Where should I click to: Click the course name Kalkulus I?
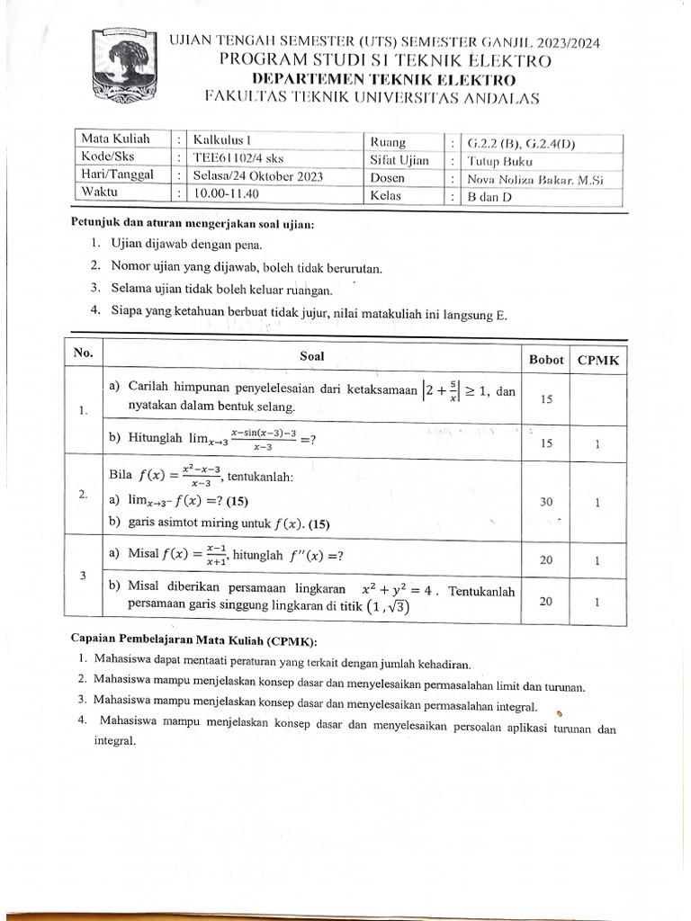(223, 140)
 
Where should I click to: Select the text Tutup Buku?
(500, 161)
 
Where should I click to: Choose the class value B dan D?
(489, 197)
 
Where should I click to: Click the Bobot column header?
(546, 359)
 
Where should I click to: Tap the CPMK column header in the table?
(598, 359)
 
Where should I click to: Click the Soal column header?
(311, 356)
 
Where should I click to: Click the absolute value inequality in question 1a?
(458, 391)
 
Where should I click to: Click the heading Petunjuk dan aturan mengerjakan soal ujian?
(193, 224)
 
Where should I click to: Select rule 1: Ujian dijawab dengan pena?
(187, 244)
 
